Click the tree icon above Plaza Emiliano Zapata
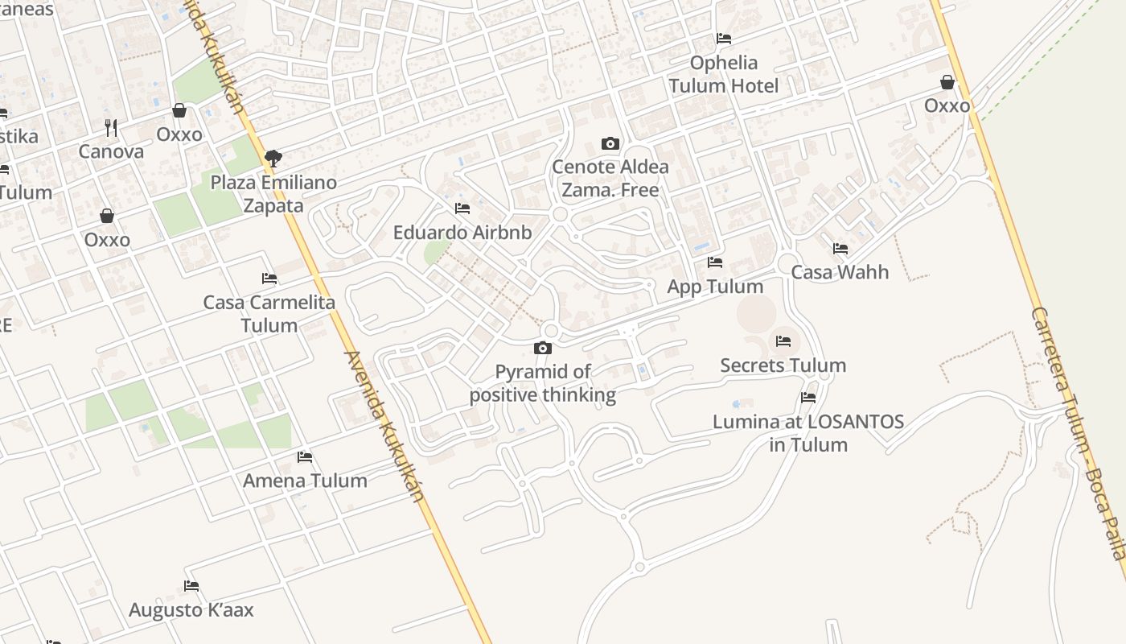[x=273, y=158]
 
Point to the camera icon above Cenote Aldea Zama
[x=610, y=144]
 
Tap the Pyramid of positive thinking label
[x=543, y=383]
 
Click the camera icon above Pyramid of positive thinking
[x=543, y=348]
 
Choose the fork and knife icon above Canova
[x=111, y=127]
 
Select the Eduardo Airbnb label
[x=462, y=233]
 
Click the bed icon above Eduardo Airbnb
[x=462, y=208]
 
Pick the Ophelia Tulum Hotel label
[x=723, y=74]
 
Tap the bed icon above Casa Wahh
[x=840, y=249]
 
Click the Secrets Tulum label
[x=783, y=365]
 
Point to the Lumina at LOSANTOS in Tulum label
[x=808, y=433]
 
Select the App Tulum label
[x=715, y=287]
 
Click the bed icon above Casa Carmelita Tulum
[x=269, y=279]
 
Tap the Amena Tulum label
[x=305, y=481]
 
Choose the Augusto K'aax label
[x=191, y=610]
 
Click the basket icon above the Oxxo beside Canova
[x=179, y=110]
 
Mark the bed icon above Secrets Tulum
[x=783, y=341]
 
